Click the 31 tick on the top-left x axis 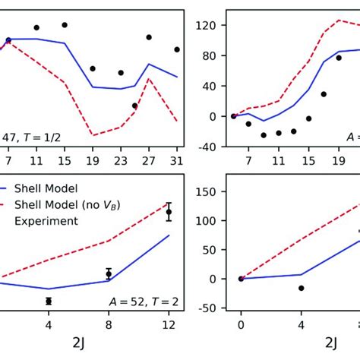[x=177, y=161]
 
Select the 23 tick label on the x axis [x=121, y=161]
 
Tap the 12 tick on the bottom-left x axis [x=169, y=325]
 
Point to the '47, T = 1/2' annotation [x=31, y=137]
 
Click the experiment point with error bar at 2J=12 [x=169, y=213]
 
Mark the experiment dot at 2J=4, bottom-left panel [x=49, y=301]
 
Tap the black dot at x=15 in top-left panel [x=65, y=25]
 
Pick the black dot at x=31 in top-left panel [x=177, y=49]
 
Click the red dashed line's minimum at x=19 [x=93, y=135]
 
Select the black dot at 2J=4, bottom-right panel [x=302, y=288]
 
